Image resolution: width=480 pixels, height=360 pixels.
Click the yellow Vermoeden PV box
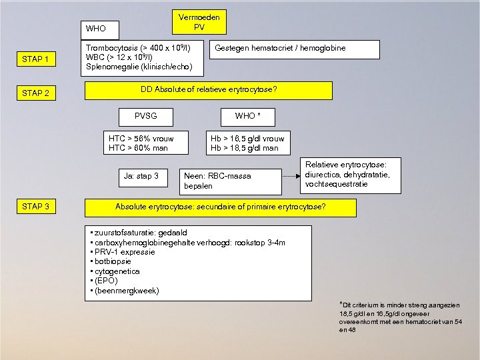(x=199, y=22)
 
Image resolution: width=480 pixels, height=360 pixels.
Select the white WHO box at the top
(x=101, y=29)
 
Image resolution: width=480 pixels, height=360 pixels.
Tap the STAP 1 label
(x=35, y=60)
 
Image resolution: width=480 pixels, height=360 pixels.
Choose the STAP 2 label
(x=35, y=93)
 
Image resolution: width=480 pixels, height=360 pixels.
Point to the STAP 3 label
(x=35, y=207)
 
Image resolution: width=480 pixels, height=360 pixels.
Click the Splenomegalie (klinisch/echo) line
(x=139, y=67)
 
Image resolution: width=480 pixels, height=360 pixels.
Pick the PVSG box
(x=145, y=116)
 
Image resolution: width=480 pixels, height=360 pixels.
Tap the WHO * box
(x=247, y=116)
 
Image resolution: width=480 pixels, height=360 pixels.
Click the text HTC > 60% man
(x=138, y=148)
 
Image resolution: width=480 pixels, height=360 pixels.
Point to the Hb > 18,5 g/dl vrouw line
(x=247, y=139)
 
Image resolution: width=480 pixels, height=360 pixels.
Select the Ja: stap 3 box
(x=141, y=177)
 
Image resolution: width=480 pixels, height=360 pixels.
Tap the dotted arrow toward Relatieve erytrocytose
(x=289, y=177)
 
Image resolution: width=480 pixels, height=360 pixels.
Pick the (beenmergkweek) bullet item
(x=127, y=291)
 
